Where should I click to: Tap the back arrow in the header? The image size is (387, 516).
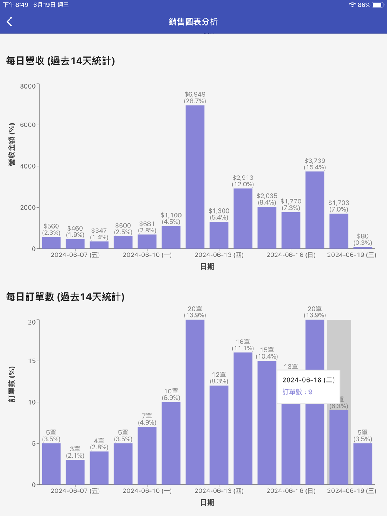click(10, 22)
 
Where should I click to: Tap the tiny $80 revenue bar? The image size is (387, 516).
click(363, 248)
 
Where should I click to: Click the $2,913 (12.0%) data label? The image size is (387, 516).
click(243, 181)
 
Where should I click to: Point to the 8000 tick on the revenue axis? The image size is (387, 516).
click(28, 86)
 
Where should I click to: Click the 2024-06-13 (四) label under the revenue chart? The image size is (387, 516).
click(219, 255)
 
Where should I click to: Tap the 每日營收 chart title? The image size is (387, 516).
click(60, 61)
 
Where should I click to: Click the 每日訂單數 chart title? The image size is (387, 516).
click(65, 297)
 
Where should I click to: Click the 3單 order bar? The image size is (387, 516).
click(75, 472)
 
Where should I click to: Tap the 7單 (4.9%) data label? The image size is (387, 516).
click(147, 419)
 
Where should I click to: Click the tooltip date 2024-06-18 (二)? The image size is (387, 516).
click(308, 380)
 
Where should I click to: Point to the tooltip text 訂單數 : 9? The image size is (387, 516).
click(297, 392)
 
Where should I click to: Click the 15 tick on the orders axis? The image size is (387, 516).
click(31, 361)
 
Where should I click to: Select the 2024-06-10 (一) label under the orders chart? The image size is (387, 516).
click(147, 491)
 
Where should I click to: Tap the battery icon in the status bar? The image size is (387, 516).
click(378, 5)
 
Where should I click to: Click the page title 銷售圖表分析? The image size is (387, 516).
click(193, 22)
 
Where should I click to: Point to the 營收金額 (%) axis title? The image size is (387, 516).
click(12, 145)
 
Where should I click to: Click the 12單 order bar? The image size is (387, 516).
click(219, 435)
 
